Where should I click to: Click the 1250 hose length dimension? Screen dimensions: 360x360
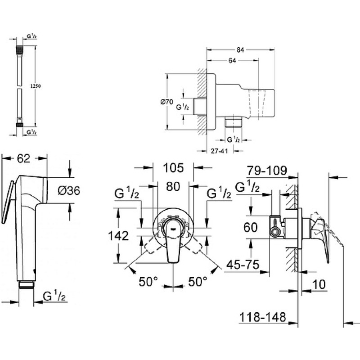click(36, 86)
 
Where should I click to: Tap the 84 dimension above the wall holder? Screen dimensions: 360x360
click(240, 50)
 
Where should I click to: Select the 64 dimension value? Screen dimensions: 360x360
click(232, 61)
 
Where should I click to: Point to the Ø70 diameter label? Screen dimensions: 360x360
click(166, 102)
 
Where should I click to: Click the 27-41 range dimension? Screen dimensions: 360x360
click(220, 151)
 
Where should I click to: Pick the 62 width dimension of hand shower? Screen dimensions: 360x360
click(24, 158)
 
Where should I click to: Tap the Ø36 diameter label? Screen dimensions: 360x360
click(69, 190)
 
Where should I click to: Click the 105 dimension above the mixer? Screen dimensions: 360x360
click(173, 168)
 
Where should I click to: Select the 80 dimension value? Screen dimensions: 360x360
click(173, 186)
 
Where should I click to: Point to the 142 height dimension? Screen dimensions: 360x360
click(118, 236)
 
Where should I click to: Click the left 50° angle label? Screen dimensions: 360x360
click(148, 282)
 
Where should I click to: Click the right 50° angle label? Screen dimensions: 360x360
click(198, 282)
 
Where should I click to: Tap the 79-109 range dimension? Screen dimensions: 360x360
click(267, 171)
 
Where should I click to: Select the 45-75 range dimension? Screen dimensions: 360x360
click(243, 265)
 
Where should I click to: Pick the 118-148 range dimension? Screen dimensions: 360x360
click(263, 317)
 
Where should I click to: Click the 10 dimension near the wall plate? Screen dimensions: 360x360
click(319, 284)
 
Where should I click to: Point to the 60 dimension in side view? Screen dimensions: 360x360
click(251, 227)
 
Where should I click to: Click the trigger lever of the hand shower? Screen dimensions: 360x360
click(7, 202)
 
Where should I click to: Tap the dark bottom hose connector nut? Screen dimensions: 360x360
click(19, 125)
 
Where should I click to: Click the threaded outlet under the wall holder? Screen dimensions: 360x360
click(233, 121)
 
